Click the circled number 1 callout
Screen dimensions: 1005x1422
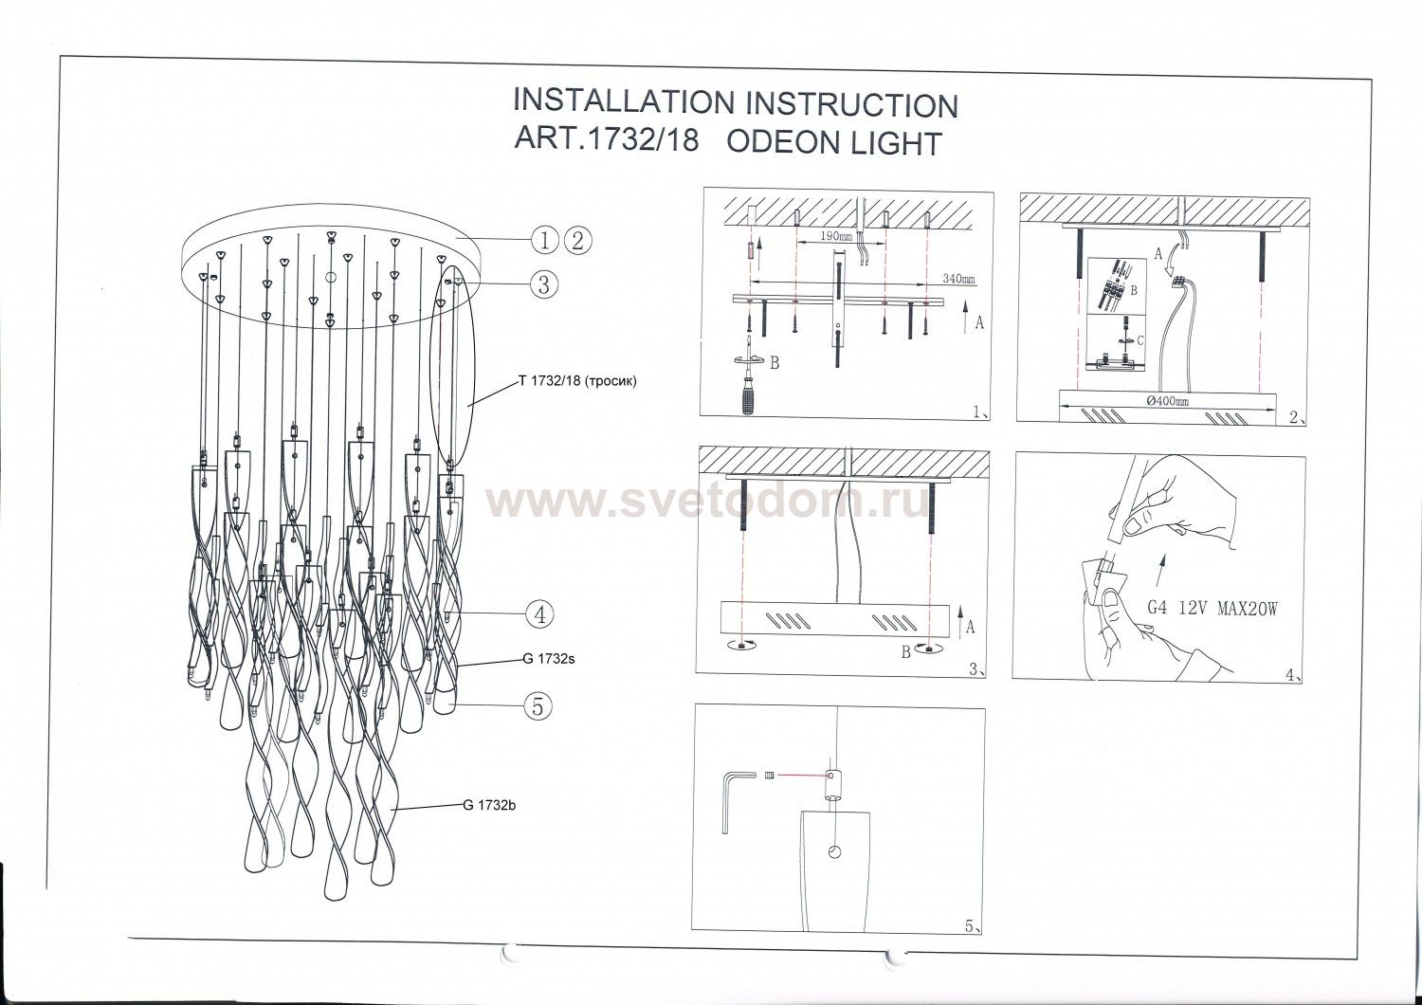pyautogui.click(x=543, y=241)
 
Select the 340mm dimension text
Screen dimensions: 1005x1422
pyautogui.click(x=957, y=280)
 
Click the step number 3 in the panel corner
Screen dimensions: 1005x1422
pyautogui.click(x=974, y=667)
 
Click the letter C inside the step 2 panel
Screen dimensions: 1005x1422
pyautogui.click(x=1140, y=338)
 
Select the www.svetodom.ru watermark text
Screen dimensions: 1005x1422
pyautogui.click(x=707, y=505)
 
